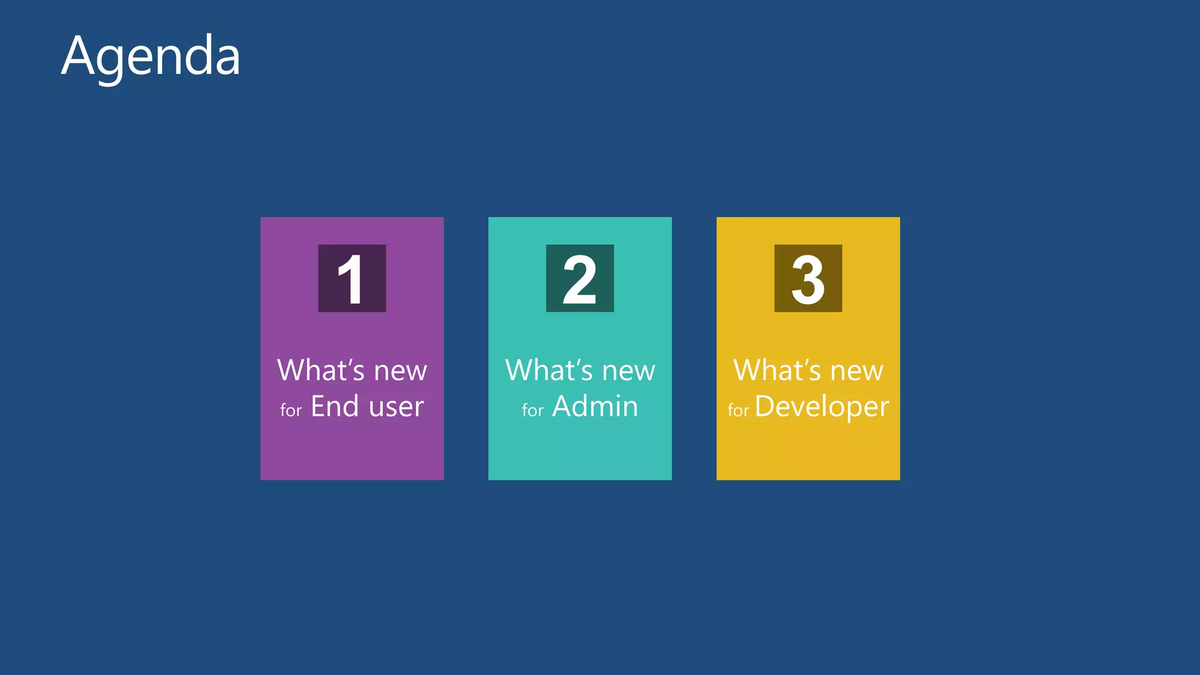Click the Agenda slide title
tap(151, 56)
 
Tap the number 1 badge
tap(352, 278)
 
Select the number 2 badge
tap(579, 278)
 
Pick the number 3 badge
tap(808, 278)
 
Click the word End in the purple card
tap(335, 406)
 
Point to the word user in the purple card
tap(396, 407)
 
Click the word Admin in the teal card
tap(595, 406)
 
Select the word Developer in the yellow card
tap(821, 407)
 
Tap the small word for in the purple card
tap(291, 410)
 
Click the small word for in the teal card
tap(533, 410)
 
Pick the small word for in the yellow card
tap(738, 410)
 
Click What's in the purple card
tap(321, 370)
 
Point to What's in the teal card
tap(549, 370)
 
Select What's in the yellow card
tap(777, 370)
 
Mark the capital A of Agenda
tap(79, 56)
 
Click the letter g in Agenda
tap(111, 63)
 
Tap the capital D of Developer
tap(765, 406)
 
